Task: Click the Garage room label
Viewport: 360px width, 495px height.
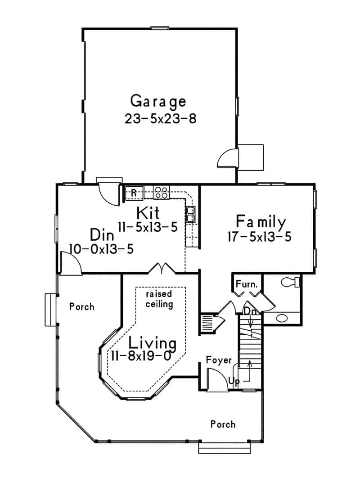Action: [158, 101]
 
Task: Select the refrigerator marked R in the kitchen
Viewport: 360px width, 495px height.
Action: [134, 193]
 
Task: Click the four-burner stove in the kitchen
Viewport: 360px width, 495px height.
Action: [161, 193]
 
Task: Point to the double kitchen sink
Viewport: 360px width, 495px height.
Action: [191, 214]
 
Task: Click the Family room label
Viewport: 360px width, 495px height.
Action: [261, 222]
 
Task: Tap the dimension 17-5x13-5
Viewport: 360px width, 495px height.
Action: [260, 237]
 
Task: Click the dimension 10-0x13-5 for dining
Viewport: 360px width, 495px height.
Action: [101, 249]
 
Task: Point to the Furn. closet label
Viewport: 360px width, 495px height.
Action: [247, 284]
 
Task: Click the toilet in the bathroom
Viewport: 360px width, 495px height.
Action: [290, 282]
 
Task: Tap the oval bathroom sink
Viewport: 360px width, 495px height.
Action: [282, 318]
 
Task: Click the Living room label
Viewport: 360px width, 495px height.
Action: [152, 342]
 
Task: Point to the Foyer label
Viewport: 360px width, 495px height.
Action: [219, 360]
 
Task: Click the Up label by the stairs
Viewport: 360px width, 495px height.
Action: [234, 381]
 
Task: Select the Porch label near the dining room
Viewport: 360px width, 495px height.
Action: [82, 307]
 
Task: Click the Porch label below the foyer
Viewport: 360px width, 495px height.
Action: [223, 424]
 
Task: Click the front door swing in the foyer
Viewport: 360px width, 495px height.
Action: [216, 378]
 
